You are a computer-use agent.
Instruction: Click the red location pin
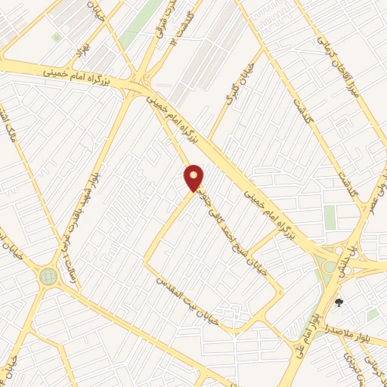[x=194, y=177]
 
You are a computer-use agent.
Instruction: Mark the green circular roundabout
[x=48, y=277]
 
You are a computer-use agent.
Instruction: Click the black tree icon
[x=339, y=303]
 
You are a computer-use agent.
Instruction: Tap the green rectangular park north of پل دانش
[x=330, y=217]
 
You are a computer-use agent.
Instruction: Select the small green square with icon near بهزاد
[x=56, y=36]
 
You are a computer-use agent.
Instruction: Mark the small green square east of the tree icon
[x=373, y=314]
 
